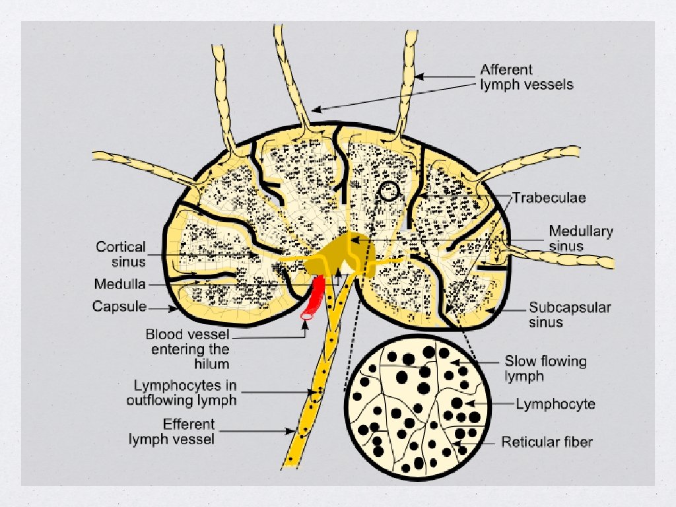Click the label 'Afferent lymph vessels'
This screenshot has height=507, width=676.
[x=526, y=77]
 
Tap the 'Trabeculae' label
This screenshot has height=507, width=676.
[x=551, y=197]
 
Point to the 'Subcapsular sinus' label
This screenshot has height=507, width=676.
[x=560, y=314]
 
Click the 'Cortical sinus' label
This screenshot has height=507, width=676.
[x=121, y=253]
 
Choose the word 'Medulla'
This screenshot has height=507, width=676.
[x=119, y=285]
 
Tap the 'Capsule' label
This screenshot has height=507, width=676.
[x=119, y=306]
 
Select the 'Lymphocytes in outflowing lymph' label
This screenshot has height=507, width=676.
[x=185, y=391]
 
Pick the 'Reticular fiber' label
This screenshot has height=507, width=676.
[x=546, y=442]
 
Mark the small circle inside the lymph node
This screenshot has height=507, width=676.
[x=389, y=191]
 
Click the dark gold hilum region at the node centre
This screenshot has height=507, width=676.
[x=340, y=254]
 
